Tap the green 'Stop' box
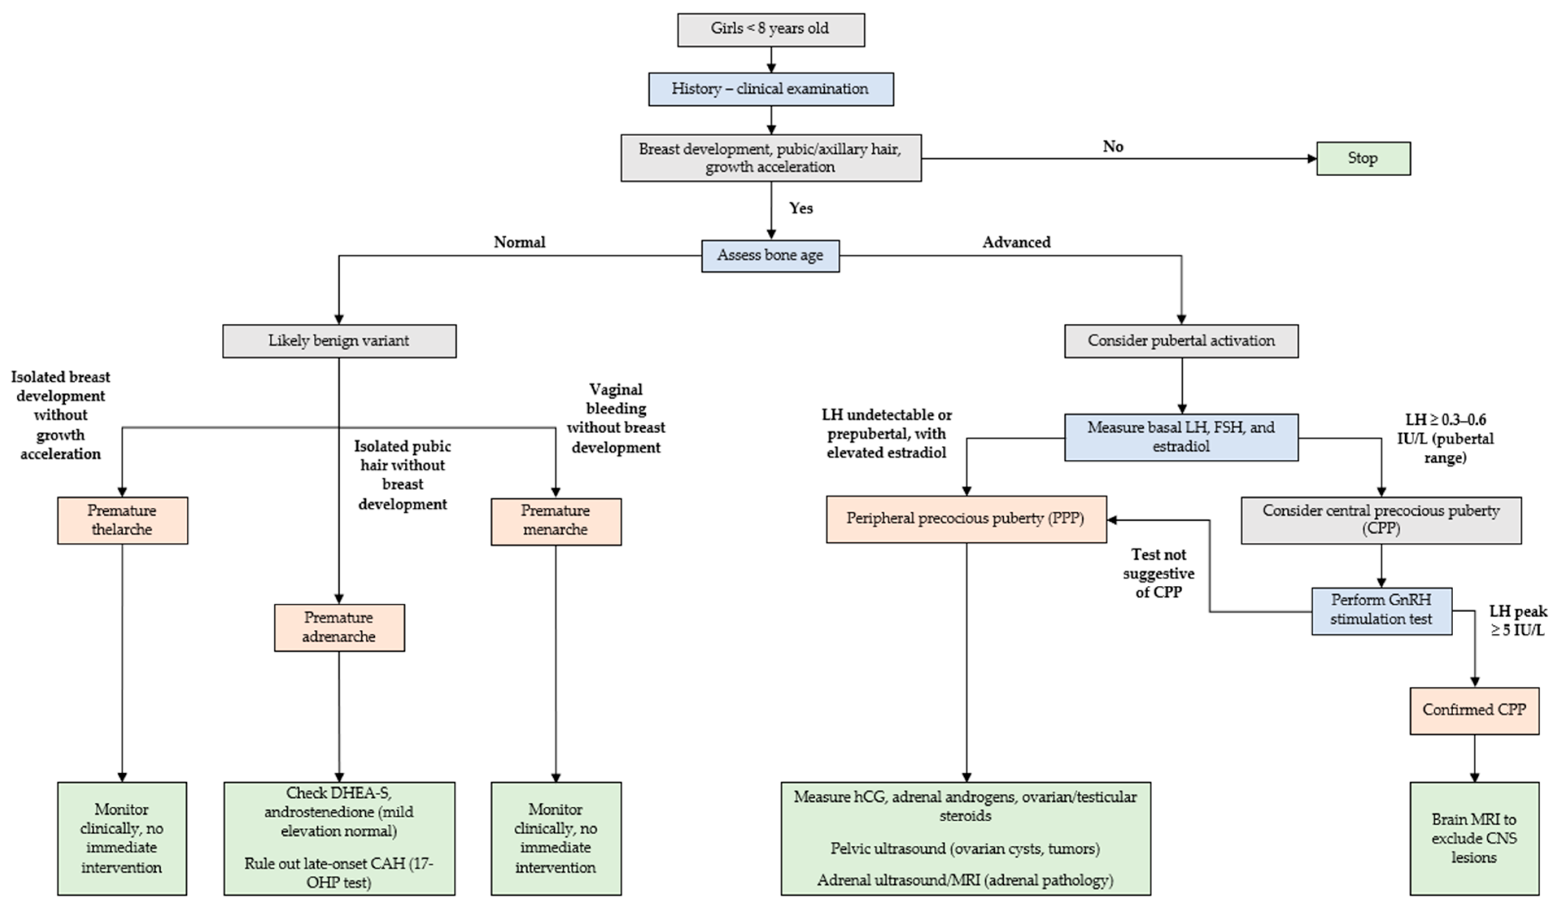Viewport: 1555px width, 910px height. click(1363, 159)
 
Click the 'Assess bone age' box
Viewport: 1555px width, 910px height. click(770, 255)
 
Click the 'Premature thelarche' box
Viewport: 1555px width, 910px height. click(122, 520)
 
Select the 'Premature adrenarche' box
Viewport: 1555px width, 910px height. click(339, 627)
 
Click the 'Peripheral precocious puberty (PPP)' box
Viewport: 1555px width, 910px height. click(966, 519)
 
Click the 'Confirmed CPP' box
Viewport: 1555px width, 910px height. click(1474, 710)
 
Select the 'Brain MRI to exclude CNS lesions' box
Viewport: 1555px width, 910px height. click(1474, 838)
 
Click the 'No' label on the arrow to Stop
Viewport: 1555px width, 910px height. click(1113, 147)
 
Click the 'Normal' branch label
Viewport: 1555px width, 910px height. click(520, 242)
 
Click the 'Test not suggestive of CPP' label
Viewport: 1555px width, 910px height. click(1158, 574)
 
